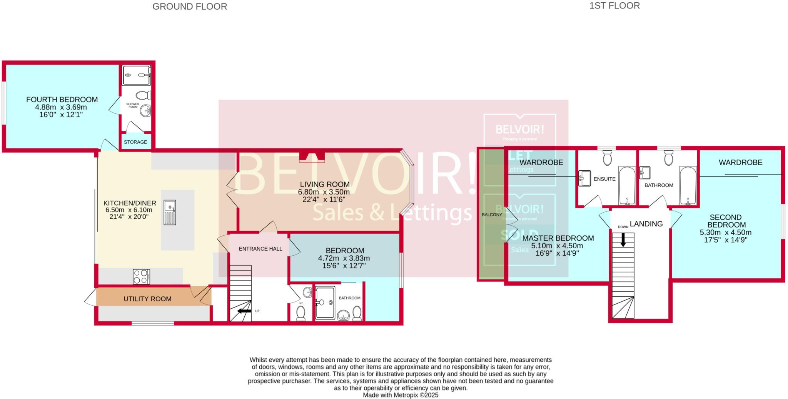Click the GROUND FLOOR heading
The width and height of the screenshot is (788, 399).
[190, 7]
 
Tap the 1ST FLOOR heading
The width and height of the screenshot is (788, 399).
[614, 6]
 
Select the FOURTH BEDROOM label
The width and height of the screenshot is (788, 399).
[62, 100]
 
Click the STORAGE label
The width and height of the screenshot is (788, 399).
[135, 142]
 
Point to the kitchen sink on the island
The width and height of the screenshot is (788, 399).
[170, 212]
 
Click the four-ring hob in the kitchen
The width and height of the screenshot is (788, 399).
[141, 276]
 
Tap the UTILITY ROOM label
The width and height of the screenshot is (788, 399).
[147, 299]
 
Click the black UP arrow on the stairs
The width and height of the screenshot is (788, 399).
[244, 311]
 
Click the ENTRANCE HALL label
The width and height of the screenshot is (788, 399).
[260, 249]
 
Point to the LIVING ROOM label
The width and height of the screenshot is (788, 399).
[325, 185]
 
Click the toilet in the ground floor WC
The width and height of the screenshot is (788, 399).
[301, 313]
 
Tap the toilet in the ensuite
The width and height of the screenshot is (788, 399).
[607, 158]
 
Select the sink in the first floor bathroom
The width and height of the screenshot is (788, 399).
[645, 173]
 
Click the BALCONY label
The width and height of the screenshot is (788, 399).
[492, 214]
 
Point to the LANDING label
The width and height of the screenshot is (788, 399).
[646, 224]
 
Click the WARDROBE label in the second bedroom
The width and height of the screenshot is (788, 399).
[740, 163]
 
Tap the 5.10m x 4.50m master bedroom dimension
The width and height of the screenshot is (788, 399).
[557, 246]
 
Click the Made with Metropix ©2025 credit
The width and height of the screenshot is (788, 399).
[401, 395]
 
